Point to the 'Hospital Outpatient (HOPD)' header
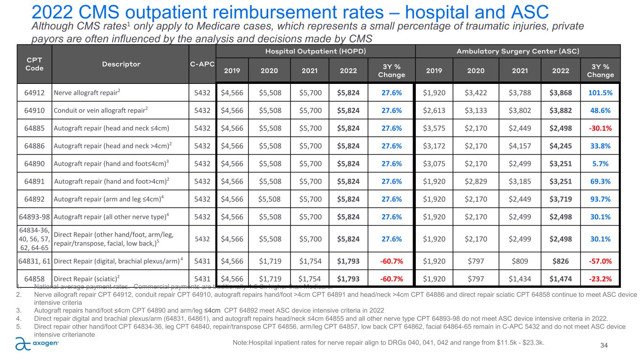(316, 51)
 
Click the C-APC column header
(202, 65)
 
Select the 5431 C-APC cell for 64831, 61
(202, 261)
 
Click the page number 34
(604, 345)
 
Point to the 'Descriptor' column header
(120, 65)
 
